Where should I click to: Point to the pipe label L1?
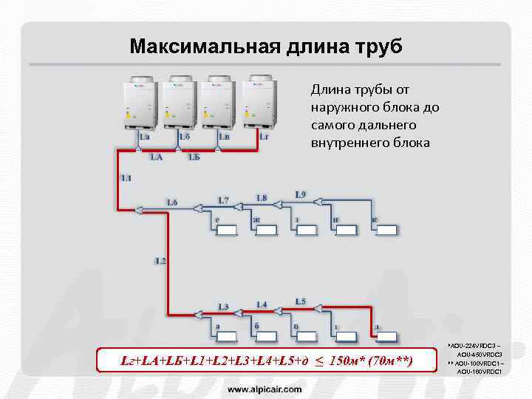coord(126,178)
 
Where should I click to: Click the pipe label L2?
coord(160,260)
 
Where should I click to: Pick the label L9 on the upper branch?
coord(301,194)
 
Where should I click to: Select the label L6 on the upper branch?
coord(172,202)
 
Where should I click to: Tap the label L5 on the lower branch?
coord(300,301)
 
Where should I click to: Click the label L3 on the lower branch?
coord(223,306)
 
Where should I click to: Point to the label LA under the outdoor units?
coord(157,157)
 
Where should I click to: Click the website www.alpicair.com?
coord(265,388)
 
